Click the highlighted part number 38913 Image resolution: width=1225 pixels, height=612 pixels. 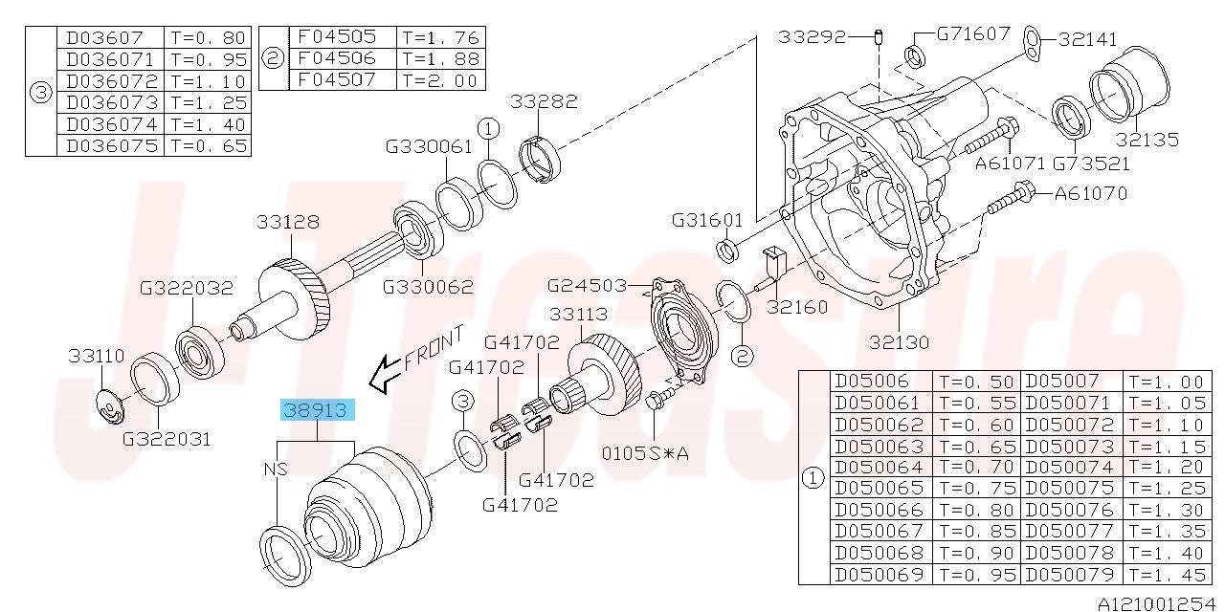tap(318, 410)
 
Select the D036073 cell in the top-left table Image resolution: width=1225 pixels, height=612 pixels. tap(111, 102)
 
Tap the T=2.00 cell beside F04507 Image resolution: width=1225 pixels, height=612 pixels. tap(440, 79)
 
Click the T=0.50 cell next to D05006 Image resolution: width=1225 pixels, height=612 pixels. tap(977, 382)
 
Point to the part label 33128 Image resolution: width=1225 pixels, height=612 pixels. tap(288, 222)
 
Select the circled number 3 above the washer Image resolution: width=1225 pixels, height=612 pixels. tap(463, 402)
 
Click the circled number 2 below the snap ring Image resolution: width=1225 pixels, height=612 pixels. tap(742, 357)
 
